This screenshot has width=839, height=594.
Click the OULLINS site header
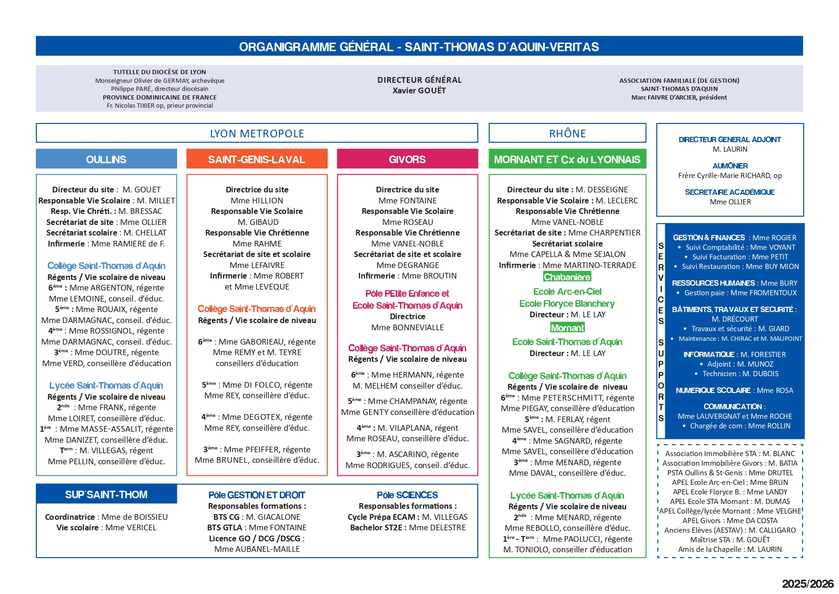[x=106, y=159]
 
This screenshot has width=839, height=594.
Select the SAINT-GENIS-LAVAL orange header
[x=257, y=159]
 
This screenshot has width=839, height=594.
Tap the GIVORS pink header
[x=407, y=159]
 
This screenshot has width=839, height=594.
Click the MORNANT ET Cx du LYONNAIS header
[x=567, y=159]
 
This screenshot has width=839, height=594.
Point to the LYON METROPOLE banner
[x=257, y=134]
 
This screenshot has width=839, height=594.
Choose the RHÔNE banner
[x=567, y=134]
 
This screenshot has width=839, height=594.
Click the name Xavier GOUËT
[x=419, y=90]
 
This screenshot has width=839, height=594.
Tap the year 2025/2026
[x=807, y=583]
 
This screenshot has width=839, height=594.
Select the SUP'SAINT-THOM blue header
[x=106, y=494]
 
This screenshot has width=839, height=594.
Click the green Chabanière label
[x=567, y=277]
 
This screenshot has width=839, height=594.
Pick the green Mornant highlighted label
[x=567, y=328]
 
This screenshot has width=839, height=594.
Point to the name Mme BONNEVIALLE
[x=408, y=327]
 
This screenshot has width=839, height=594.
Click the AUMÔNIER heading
[x=730, y=166]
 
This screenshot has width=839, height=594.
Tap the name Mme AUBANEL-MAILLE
[x=257, y=549]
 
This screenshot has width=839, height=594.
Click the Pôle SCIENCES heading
[x=407, y=495]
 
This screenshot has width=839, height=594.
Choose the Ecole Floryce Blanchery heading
[x=567, y=303]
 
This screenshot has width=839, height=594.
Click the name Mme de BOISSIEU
[x=134, y=517]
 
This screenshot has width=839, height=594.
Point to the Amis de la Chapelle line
[x=730, y=549]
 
